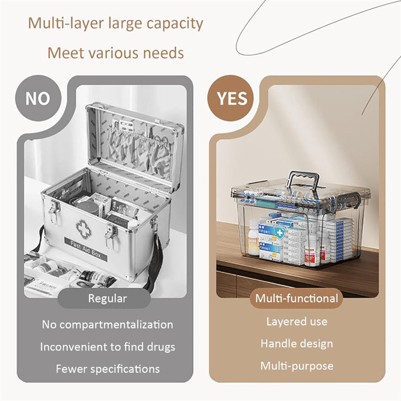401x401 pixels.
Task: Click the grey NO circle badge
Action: pyautogui.click(x=38, y=98)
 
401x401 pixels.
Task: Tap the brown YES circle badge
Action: pyautogui.click(x=230, y=98)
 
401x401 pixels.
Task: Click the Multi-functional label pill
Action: pyautogui.click(x=296, y=298)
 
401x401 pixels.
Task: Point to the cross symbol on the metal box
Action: pyautogui.click(x=84, y=228)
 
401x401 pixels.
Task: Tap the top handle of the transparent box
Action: pyautogui.click(x=304, y=181)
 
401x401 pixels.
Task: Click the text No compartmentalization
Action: pyautogui.click(x=108, y=324)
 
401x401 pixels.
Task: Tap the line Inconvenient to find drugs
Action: pyautogui.click(x=108, y=347)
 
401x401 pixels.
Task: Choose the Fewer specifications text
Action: pyautogui.click(x=108, y=369)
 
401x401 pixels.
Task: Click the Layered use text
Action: pyautogui.click(x=297, y=322)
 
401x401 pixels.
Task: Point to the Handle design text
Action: pyautogui.click(x=297, y=344)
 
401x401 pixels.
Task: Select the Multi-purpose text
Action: pyautogui.click(x=297, y=366)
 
